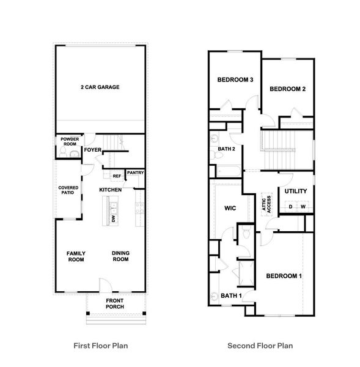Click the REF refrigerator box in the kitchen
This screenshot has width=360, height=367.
click(116, 176)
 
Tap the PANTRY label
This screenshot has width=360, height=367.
click(135, 173)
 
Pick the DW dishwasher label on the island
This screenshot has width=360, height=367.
click(113, 218)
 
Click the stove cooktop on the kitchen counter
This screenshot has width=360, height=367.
click(139, 212)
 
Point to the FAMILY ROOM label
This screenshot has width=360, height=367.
click(76, 256)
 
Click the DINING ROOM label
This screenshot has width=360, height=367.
click(120, 256)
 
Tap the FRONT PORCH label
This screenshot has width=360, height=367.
click(116, 303)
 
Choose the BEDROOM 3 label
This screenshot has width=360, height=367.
click(235, 80)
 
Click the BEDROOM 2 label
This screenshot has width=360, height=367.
click(287, 89)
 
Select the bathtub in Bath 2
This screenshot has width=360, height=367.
click(227, 171)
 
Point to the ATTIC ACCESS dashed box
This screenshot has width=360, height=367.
click(267, 204)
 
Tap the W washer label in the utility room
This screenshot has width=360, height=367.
click(303, 207)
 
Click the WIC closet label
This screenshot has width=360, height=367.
click(230, 208)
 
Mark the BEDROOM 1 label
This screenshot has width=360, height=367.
click(284, 276)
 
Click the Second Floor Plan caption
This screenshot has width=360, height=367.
click(260, 346)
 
